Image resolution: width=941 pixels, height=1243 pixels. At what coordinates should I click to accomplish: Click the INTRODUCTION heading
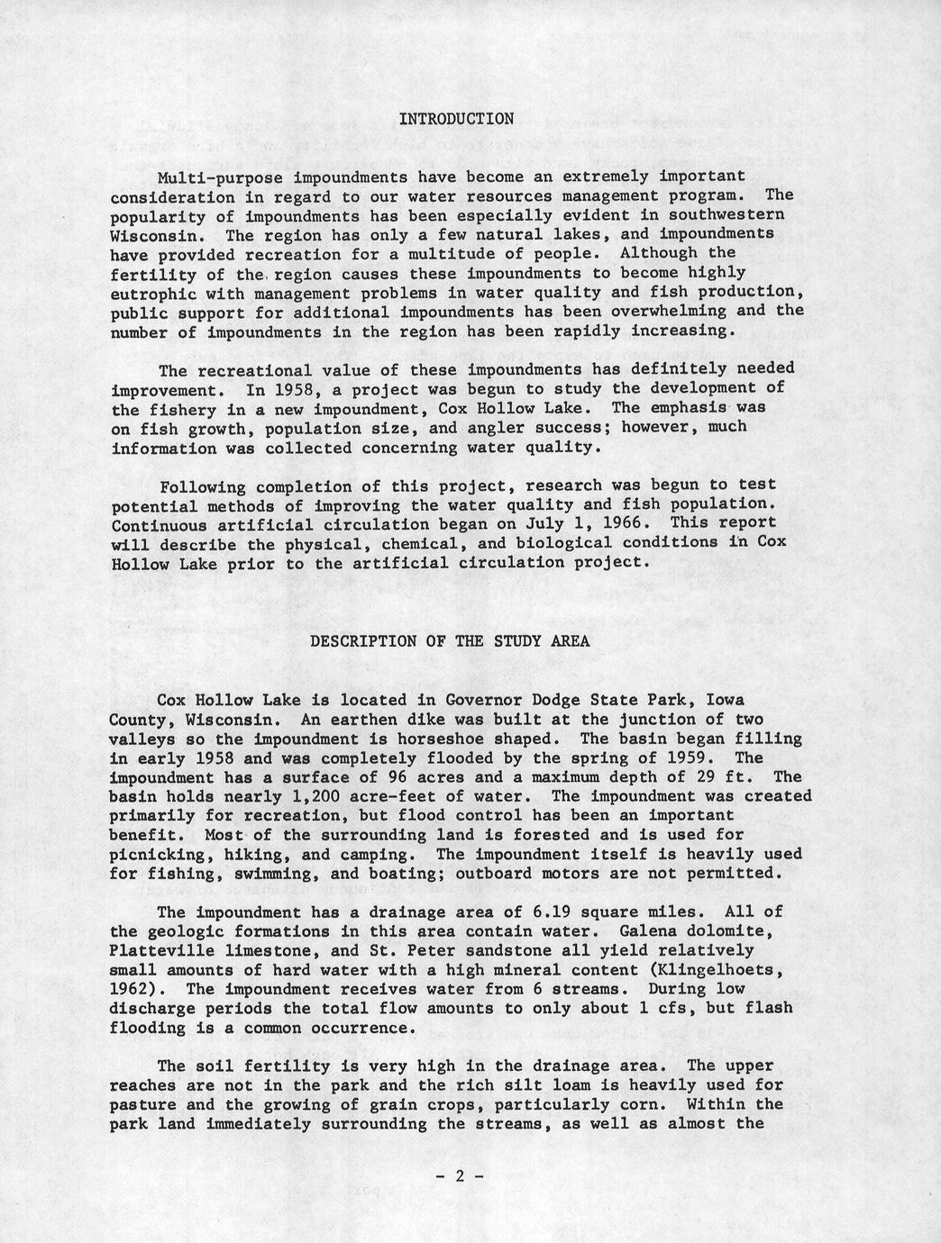(x=456, y=119)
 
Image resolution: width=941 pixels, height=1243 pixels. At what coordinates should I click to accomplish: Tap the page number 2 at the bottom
(x=460, y=1175)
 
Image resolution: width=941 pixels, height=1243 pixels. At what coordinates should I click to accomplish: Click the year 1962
(x=129, y=990)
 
